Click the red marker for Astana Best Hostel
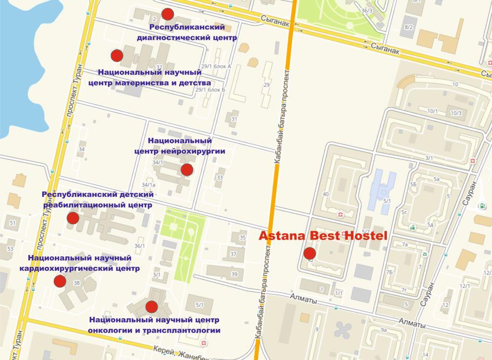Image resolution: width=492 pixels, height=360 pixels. [x=309, y=253]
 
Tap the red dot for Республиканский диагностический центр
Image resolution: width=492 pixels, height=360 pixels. [x=167, y=14]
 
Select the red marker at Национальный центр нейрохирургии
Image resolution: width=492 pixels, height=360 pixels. [x=187, y=169]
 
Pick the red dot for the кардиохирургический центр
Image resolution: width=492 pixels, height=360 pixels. [x=60, y=281]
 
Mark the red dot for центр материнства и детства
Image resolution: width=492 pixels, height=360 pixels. [x=117, y=56]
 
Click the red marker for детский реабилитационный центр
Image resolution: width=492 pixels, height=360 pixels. [x=73, y=218]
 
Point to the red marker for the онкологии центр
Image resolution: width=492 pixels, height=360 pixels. [x=152, y=306]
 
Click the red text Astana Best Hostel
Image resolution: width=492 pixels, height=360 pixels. [x=323, y=236]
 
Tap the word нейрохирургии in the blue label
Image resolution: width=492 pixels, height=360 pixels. [x=195, y=150]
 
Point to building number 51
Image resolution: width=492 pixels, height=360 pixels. [x=12, y=223]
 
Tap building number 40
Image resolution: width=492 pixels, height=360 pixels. [x=326, y=194]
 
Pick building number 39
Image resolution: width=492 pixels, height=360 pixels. [x=234, y=274]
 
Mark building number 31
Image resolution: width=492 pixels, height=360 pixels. [x=234, y=119]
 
